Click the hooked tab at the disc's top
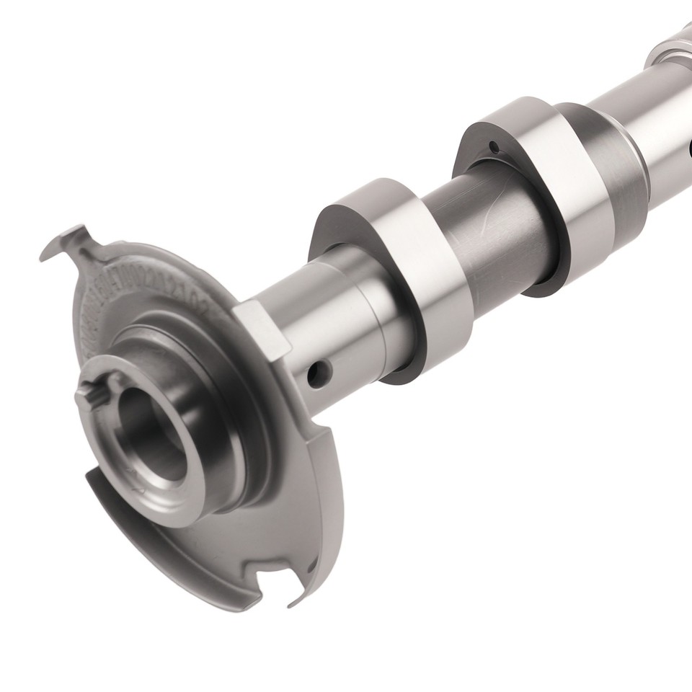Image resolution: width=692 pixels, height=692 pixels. click(68, 244)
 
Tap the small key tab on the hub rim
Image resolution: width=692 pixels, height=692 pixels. click(86, 394)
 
